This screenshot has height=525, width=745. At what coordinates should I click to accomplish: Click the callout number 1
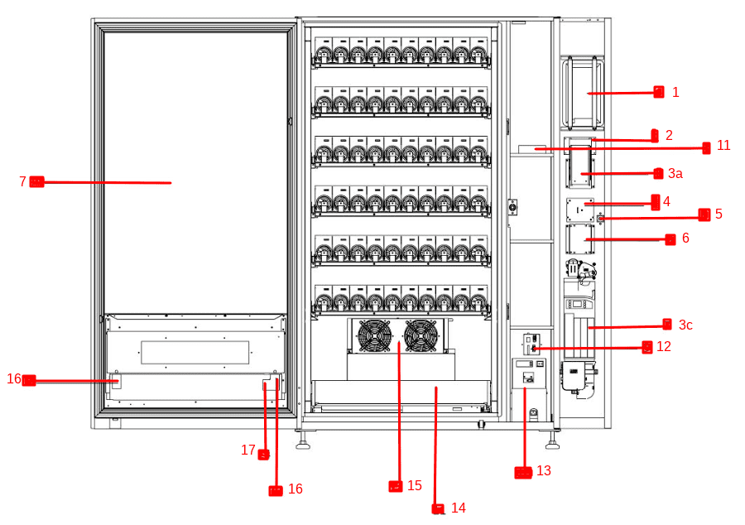coord(675,92)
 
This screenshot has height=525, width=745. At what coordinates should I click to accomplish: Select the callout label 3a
coord(675,173)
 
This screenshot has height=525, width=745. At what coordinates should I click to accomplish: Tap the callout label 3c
coord(685,325)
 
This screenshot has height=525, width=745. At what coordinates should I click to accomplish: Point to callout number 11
coord(723,146)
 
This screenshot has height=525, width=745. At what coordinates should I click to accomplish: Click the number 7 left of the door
coord(22,181)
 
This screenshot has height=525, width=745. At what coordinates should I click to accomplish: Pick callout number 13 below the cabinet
coord(543,471)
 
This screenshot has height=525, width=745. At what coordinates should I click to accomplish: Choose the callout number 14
coord(458,508)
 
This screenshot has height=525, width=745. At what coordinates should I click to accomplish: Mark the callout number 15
coord(415,485)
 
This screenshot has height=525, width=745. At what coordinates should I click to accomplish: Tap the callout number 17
coord(248,450)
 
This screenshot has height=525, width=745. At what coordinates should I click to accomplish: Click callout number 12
coord(664,346)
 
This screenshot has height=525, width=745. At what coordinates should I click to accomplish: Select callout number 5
coord(719,214)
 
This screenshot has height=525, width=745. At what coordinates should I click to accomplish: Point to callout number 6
coord(685,238)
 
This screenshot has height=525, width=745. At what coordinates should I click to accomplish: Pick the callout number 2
coord(669,135)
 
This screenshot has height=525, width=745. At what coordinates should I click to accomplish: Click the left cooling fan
coord(373,335)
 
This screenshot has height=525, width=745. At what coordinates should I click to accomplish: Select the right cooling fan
coord(420,335)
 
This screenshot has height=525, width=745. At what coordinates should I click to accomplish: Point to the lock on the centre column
coord(512,207)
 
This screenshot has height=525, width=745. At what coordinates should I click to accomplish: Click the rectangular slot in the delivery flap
coord(195,352)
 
